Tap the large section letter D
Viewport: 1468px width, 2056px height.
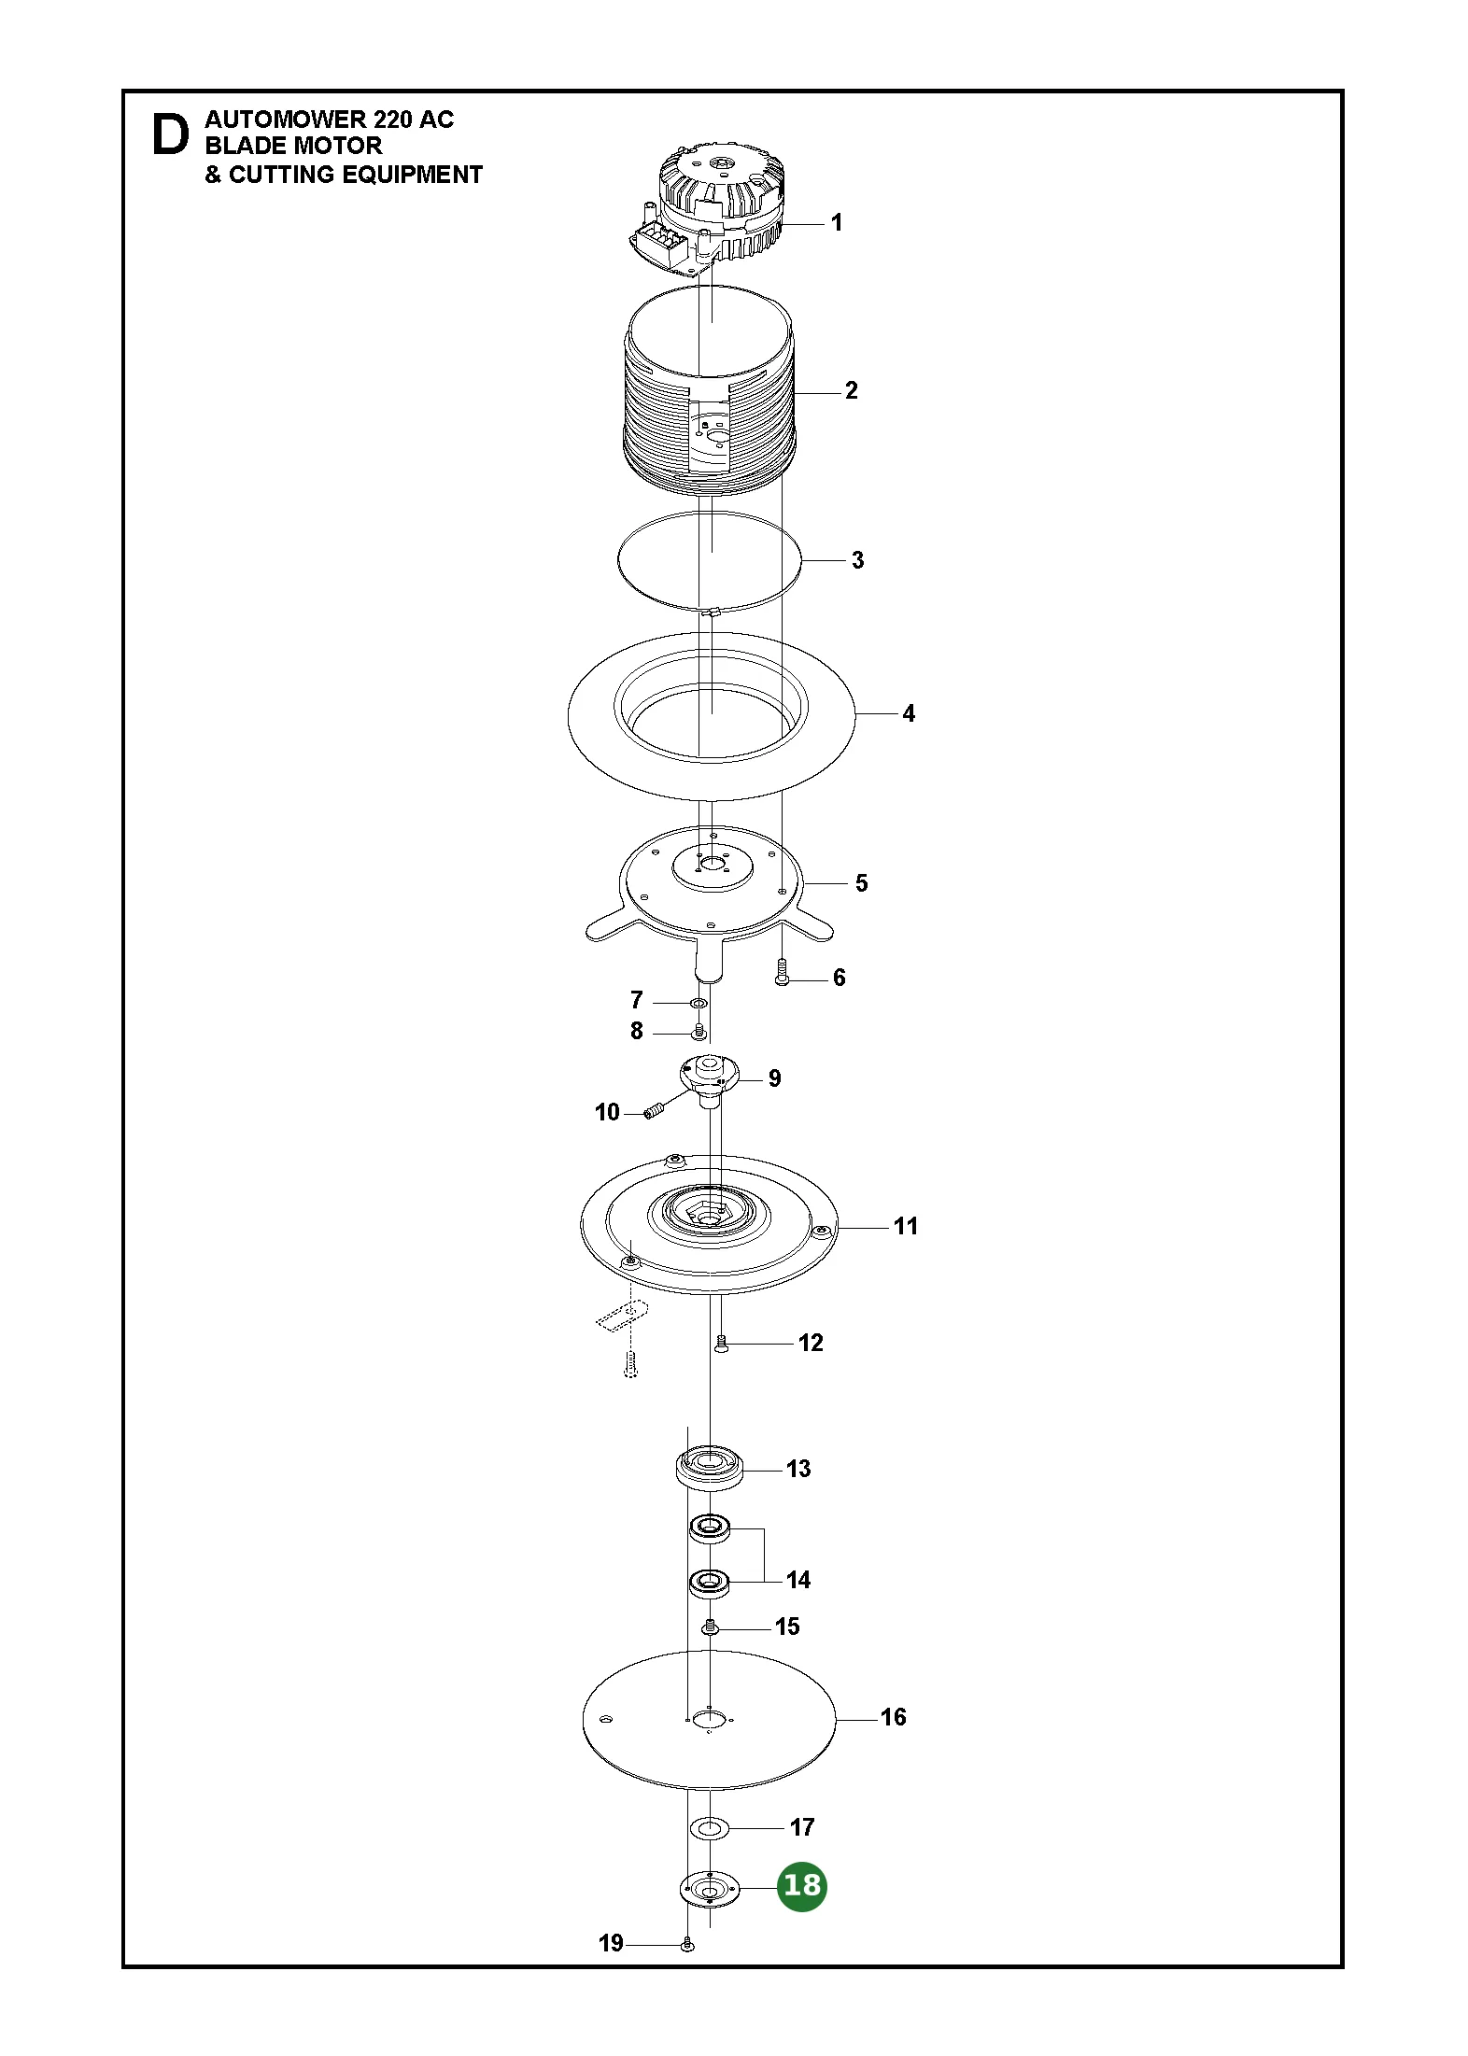[170, 134]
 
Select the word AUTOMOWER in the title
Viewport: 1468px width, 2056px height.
[285, 120]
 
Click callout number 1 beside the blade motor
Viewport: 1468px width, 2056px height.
[837, 222]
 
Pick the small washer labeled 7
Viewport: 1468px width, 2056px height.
[698, 1003]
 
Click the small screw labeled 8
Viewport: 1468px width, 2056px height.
[697, 1031]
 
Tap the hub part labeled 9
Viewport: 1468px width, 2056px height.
[708, 1078]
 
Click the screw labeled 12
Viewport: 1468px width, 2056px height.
[720, 1345]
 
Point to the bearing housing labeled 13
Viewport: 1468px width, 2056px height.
[710, 1470]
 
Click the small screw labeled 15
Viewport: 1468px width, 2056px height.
[710, 1627]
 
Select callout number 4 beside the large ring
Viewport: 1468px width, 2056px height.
[909, 713]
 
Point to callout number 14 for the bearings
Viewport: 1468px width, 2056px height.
[798, 1580]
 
